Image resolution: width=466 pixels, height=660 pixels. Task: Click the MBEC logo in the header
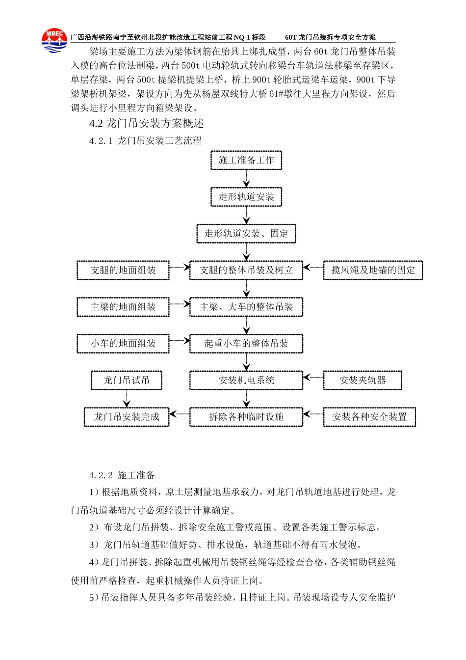54,40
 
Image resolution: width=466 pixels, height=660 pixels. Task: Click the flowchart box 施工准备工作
246,160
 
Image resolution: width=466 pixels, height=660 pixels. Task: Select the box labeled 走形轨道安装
246,197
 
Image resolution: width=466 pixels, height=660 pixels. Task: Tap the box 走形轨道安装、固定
246,234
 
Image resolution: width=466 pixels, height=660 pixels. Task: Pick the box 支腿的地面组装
123,270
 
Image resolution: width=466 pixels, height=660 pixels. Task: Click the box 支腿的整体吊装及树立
246,270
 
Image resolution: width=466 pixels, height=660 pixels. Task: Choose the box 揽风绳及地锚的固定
373,270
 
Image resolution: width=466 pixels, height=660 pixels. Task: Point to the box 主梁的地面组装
123,307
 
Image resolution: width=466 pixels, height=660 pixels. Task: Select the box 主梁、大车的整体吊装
246,307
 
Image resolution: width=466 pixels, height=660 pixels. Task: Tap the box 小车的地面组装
123,344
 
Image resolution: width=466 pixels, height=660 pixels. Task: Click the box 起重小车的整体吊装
246,344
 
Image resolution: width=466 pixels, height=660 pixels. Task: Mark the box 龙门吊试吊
127,380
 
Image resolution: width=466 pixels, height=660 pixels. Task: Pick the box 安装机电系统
246,380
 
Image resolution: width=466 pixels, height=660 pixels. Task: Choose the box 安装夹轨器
362,380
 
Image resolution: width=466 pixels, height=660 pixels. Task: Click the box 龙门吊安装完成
127,417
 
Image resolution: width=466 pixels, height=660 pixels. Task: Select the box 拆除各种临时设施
246,417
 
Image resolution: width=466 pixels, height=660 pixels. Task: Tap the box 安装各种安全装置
369,417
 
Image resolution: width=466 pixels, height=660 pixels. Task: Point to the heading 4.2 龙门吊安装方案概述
147,123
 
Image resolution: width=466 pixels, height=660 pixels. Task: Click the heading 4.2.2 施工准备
122,475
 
